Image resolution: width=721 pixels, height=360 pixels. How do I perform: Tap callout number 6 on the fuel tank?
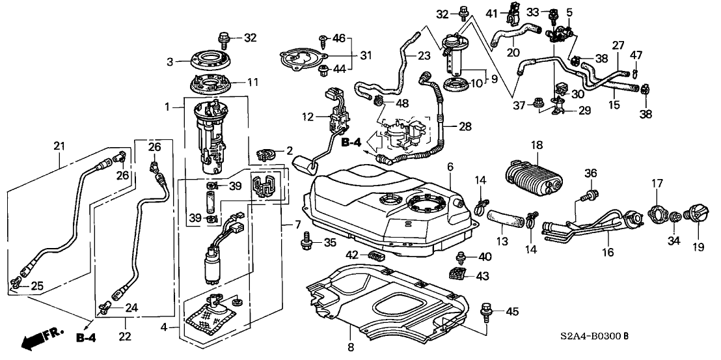449,168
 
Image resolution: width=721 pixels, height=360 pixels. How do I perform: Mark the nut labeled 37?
538,102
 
